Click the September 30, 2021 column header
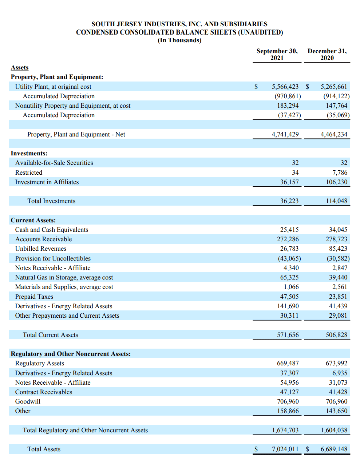[277, 54]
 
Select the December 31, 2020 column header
[327, 54]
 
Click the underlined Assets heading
[20, 67]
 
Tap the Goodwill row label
[28, 401]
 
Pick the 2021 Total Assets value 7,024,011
[285, 449]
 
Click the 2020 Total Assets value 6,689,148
[334, 449]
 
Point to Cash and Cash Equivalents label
[52, 230]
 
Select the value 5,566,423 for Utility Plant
[285, 87]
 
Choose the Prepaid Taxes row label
[34, 297]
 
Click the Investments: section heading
[29, 153]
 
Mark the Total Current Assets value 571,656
[288, 335]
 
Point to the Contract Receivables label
[43, 392]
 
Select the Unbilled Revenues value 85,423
[338, 249]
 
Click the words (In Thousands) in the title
[179, 40]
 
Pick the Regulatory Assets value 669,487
[288, 363]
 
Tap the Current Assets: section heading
[33, 220]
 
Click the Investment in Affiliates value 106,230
[336, 182]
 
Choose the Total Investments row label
[51, 201]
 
